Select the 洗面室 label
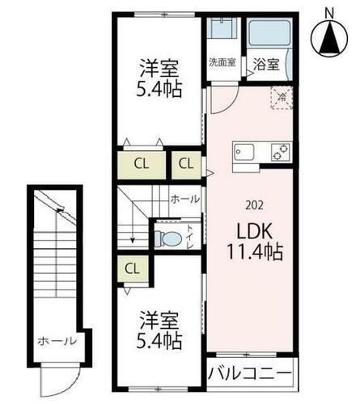222,63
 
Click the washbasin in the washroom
220,28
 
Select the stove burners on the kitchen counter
280,152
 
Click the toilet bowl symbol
167,239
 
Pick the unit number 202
252,204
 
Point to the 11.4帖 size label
252,252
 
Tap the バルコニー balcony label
251,374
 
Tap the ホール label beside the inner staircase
184,198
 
